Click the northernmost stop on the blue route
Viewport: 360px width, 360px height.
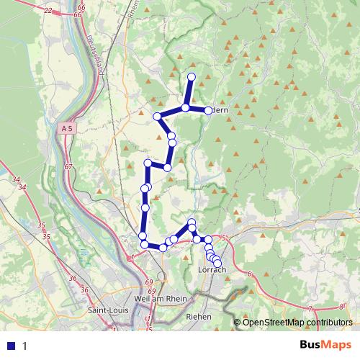coord(192,76)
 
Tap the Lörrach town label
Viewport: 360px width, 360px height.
coord(212,270)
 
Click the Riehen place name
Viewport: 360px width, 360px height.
coord(198,316)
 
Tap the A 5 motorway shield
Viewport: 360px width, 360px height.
coord(67,127)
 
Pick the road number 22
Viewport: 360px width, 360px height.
coord(48,10)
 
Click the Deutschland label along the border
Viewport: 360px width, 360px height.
coord(94,50)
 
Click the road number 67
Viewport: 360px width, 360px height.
coord(68,167)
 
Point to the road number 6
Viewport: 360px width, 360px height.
coord(249,274)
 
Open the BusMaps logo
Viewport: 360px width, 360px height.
coord(327,345)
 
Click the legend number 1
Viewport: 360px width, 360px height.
coord(25,346)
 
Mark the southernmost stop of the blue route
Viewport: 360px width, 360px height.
coord(217,264)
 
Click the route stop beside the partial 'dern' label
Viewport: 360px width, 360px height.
coord(208,110)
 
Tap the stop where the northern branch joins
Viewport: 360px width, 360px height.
coord(185,108)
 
